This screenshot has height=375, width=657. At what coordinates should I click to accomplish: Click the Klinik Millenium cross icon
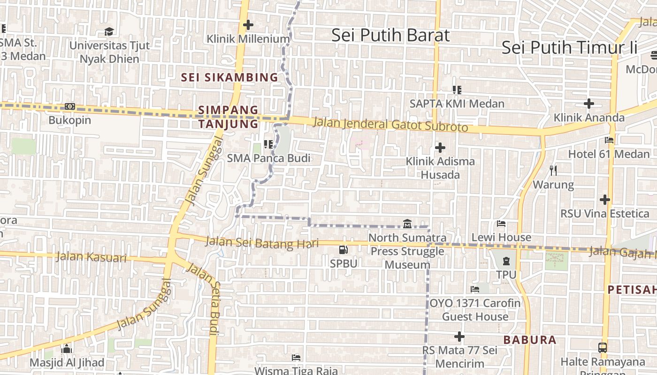coord(248,25)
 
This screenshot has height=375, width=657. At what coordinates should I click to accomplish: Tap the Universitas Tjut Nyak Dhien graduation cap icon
coord(109,31)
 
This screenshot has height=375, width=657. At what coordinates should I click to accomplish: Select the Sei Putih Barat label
coord(390,36)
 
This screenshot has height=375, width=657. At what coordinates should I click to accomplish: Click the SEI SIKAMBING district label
coord(229,77)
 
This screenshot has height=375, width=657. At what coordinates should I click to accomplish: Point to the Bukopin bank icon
coord(70,106)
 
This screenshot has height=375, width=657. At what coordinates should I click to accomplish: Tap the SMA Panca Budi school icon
coord(268,144)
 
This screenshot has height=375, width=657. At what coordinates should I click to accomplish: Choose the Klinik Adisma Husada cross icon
coord(440,148)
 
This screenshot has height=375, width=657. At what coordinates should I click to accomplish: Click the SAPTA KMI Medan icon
coord(457,90)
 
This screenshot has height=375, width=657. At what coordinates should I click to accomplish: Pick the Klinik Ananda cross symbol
coord(588,104)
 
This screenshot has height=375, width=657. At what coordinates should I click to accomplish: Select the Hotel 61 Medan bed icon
coord(609,140)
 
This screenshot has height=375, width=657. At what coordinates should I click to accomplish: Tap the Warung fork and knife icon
coord(553,170)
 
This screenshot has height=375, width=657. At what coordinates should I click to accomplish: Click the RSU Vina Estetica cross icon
coord(604,200)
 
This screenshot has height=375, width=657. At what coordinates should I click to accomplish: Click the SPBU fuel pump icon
coord(344,250)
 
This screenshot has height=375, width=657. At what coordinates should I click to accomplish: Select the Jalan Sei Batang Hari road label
coord(262,242)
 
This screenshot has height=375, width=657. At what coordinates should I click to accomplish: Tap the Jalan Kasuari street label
coord(91,257)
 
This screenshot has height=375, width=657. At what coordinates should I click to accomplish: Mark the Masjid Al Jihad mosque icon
coord(67,349)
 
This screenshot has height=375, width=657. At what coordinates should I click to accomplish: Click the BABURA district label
coord(529,340)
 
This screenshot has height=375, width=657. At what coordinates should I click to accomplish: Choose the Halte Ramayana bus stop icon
coord(603,348)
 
